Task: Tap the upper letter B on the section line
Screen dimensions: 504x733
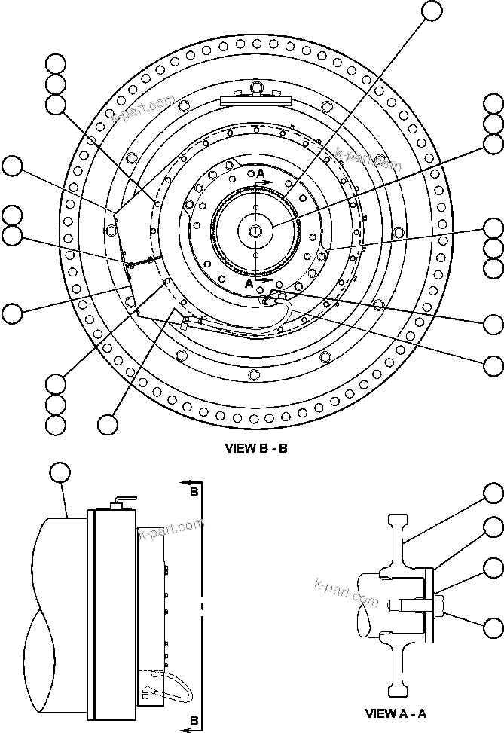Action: [194, 492]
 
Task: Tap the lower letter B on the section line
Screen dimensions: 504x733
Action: [194, 721]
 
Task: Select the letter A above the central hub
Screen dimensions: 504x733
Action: [261, 174]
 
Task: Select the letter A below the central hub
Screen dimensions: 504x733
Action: [250, 284]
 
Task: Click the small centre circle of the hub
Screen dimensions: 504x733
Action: [256, 230]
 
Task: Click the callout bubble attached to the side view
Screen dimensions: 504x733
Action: [60, 472]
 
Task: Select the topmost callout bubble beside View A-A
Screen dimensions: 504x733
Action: [493, 494]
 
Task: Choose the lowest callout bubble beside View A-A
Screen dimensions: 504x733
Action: [493, 627]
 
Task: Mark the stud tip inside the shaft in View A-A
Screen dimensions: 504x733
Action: [393, 603]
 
